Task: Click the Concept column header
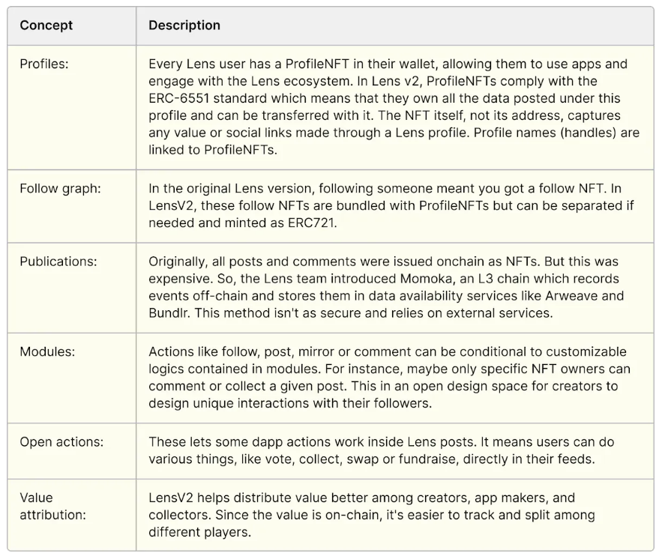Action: click(46, 25)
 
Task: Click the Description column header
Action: click(184, 25)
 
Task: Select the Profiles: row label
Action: click(44, 64)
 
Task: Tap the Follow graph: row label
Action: click(60, 188)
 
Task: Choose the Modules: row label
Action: click(46, 352)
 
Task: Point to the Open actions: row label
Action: click(61, 442)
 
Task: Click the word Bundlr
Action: click(167, 312)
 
